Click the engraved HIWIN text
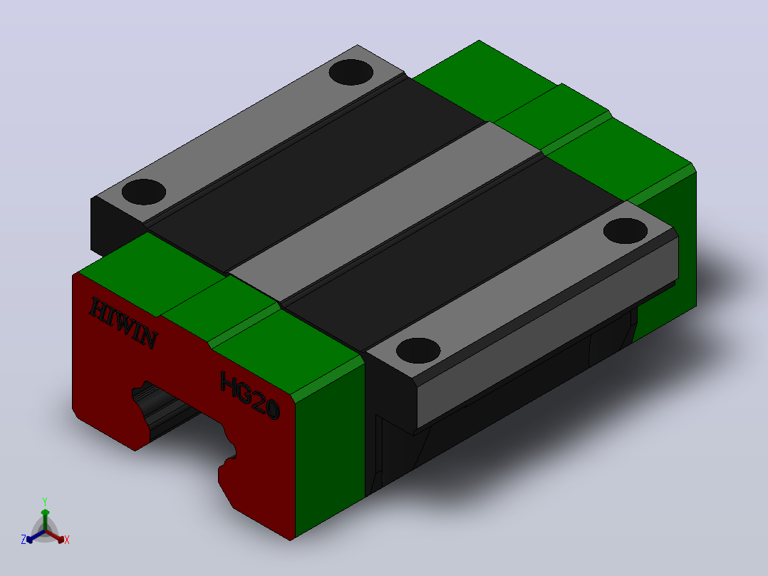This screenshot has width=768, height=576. (x=123, y=322)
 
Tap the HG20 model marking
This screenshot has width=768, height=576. (x=250, y=395)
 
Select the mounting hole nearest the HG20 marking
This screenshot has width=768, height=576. (x=418, y=351)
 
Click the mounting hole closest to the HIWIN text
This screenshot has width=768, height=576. (x=143, y=192)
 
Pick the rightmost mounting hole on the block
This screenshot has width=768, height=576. (x=625, y=230)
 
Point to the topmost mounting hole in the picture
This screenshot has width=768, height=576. (x=351, y=72)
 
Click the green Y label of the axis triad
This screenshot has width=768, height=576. (x=45, y=501)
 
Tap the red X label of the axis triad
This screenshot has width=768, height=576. (x=67, y=540)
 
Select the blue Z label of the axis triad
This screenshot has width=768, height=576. (x=24, y=540)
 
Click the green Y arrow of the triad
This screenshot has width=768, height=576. (x=45, y=519)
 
